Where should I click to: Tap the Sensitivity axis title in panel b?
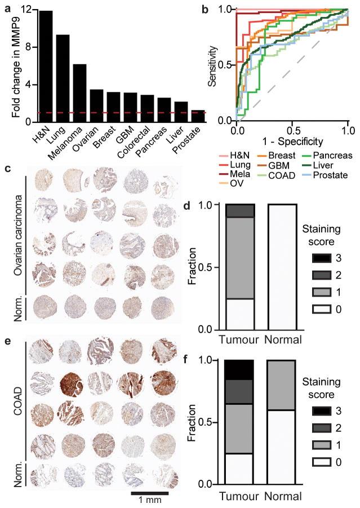(x=212, y=65)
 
